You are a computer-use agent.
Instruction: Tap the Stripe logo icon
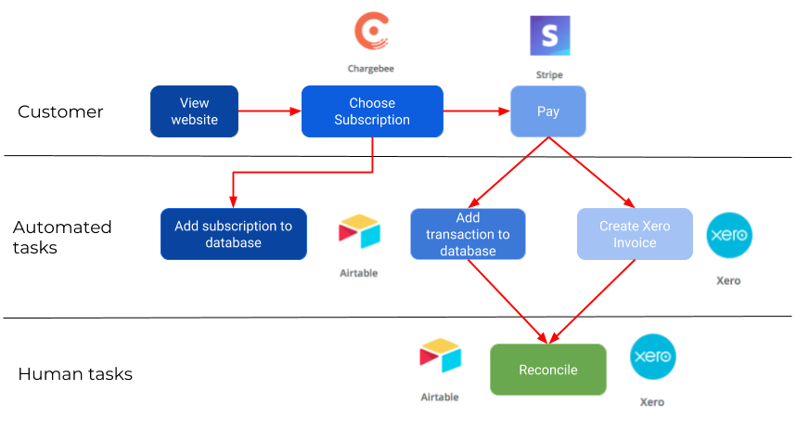pyautogui.click(x=549, y=36)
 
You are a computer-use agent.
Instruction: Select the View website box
pyautogui.click(x=195, y=111)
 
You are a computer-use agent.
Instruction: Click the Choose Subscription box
pyautogui.click(x=372, y=111)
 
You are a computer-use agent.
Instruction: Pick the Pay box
pyautogui.click(x=548, y=111)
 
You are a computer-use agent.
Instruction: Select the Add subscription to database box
pyautogui.click(x=233, y=234)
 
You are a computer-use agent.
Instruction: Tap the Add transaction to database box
pyautogui.click(x=468, y=234)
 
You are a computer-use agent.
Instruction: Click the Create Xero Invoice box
pyautogui.click(x=635, y=234)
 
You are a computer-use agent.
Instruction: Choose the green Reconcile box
pyautogui.click(x=547, y=370)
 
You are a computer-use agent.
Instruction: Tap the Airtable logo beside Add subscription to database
pyautogui.click(x=359, y=233)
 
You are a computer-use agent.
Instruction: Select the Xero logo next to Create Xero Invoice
pyautogui.click(x=728, y=236)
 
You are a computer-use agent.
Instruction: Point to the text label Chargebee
pyautogui.click(x=370, y=69)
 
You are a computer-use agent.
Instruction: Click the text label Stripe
pyautogui.click(x=548, y=75)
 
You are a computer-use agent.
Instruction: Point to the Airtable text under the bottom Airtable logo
pyautogui.click(x=440, y=396)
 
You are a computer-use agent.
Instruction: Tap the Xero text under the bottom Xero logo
pyautogui.click(x=651, y=402)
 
